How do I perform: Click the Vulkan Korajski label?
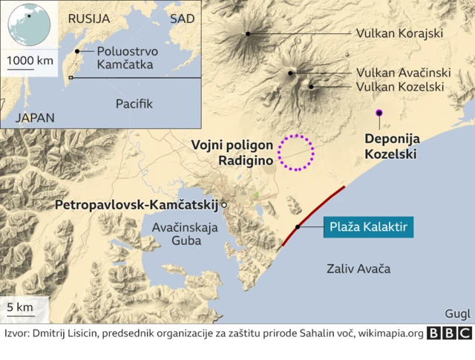399,33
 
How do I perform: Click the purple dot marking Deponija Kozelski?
379,112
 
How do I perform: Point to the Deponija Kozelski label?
390,147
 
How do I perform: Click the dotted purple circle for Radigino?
296,153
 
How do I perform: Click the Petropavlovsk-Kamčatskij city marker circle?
224,203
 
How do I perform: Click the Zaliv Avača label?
358,269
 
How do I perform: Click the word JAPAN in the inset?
35,117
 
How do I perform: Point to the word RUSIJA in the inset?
88,19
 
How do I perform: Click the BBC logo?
450,334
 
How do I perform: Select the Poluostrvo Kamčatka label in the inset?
124,58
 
